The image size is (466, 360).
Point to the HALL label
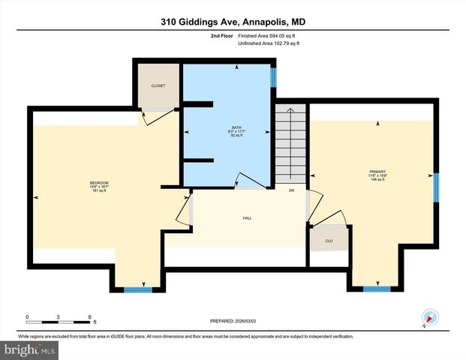tap(247, 218)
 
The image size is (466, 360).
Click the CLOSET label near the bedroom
tap(158, 85)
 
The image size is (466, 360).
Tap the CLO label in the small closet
tap(329, 241)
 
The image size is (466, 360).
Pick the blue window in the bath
tap(273, 76)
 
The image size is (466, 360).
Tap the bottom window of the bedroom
tap(138, 289)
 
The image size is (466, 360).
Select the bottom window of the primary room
tap(377, 289)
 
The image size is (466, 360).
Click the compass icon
tap(429, 317)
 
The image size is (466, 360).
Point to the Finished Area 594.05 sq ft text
tap(268, 34)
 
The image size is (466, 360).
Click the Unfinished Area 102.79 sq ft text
tap(268, 43)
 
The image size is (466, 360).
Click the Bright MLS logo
tap(30, 350)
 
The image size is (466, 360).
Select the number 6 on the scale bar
tap(89, 317)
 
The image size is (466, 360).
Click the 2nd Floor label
tap(222, 34)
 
